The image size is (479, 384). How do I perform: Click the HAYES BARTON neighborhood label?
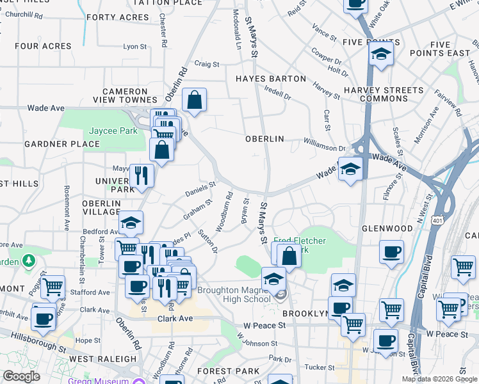[x=270, y=79]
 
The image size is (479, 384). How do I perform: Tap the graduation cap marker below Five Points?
[x=381, y=54]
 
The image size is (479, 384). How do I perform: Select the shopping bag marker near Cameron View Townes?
[x=194, y=100]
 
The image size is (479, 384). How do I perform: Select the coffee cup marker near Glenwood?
[x=391, y=252]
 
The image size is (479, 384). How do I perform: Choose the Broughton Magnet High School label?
[x=234, y=294]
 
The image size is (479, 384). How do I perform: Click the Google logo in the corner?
[x=22, y=376]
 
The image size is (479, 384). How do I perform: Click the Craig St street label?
[x=207, y=64]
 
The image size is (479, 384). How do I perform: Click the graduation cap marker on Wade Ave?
[x=350, y=170]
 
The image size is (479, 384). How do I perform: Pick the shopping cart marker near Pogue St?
[x=53, y=286]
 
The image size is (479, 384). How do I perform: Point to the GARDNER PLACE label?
[x=62, y=144]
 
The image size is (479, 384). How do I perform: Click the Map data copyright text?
[x=439, y=379]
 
